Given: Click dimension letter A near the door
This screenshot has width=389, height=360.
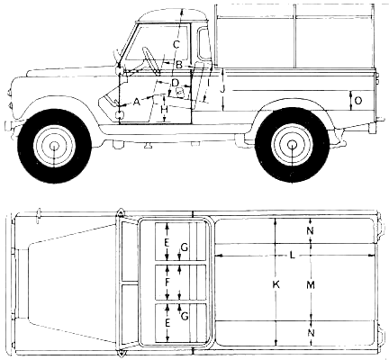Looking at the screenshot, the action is pos(137,103).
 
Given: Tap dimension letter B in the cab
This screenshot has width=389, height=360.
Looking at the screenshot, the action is pos(179,65).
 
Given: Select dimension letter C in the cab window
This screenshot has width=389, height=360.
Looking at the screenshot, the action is pos(176,45).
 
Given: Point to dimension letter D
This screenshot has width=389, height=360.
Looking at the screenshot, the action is pos(175,82).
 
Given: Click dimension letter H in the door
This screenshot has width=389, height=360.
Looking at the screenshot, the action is pos(164,110).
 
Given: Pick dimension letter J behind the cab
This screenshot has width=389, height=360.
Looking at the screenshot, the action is pos(222,90).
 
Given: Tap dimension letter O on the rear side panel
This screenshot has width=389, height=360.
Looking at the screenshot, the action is pos(358,101).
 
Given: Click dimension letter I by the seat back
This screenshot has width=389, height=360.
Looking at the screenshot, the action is pos(208,82).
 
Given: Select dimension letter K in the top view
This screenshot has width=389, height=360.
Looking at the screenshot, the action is pos(276,284).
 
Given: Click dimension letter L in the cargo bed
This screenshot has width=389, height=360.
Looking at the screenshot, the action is pos(293,256).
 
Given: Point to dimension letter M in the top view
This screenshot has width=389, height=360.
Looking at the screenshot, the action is pos(311,284).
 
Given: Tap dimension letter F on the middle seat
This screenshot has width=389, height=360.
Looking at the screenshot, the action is pos(167,282).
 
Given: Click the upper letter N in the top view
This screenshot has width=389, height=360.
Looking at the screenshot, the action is pos(311,230).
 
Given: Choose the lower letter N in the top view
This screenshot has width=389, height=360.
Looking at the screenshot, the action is pos(312,333).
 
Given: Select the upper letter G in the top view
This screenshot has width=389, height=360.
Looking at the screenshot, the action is pos(185,247).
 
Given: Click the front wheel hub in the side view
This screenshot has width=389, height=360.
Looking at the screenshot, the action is pos(54,147).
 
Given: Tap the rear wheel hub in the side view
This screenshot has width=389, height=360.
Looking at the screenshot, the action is pos(291,145).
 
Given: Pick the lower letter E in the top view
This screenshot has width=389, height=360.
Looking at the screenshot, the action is pos(167,323).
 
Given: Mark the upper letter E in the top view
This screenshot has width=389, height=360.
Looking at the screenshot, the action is pos(167,243).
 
